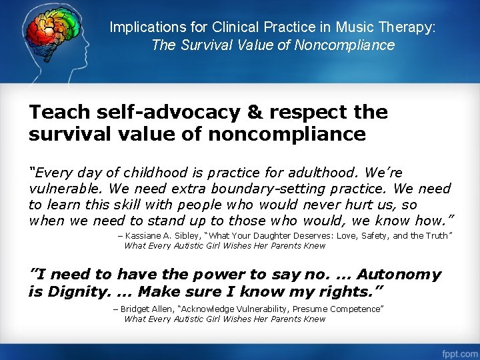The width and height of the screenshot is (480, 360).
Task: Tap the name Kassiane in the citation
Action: (x=144, y=235)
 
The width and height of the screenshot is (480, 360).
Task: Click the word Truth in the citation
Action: (x=436, y=235)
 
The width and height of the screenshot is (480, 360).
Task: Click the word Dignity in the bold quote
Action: (x=75, y=291)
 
